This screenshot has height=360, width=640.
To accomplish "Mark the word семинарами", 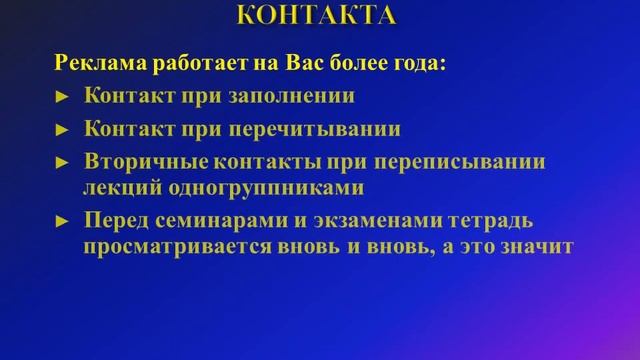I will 224,219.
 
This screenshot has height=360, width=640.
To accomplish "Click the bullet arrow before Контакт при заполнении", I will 61,98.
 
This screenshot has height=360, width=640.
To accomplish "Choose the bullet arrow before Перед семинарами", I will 61,220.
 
